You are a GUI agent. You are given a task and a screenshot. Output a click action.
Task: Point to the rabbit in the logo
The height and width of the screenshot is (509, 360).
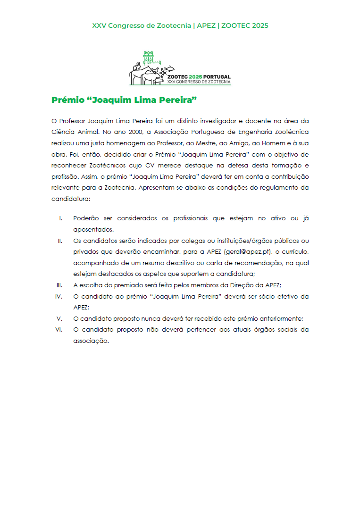(x=137, y=67)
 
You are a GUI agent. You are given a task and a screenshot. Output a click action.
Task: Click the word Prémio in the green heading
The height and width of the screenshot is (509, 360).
(x=69, y=100)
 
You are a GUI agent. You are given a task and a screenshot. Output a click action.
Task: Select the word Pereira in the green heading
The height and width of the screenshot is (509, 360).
(x=177, y=100)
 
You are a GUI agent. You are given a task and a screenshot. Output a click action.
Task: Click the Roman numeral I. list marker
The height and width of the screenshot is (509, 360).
(x=60, y=218)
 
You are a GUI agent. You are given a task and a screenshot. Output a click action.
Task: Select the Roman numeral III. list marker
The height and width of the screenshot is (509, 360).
(x=59, y=285)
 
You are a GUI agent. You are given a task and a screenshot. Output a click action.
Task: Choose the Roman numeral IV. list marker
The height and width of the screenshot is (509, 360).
(x=59, y=296)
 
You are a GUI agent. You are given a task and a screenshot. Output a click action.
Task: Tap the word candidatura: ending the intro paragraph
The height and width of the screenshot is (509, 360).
(x=71, y=199)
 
